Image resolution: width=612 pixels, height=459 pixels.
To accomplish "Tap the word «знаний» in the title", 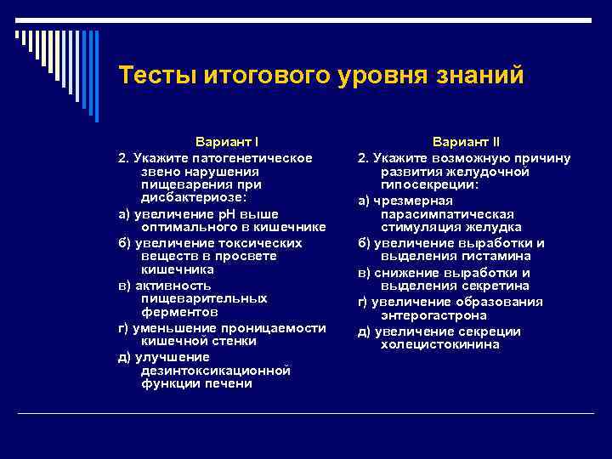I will click(480, 76).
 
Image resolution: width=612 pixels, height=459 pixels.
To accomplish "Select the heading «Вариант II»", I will click(466, 142).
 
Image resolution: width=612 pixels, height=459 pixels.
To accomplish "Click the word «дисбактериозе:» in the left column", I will click(195, 197).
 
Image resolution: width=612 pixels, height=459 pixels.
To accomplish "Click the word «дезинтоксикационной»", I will click(216, 371).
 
